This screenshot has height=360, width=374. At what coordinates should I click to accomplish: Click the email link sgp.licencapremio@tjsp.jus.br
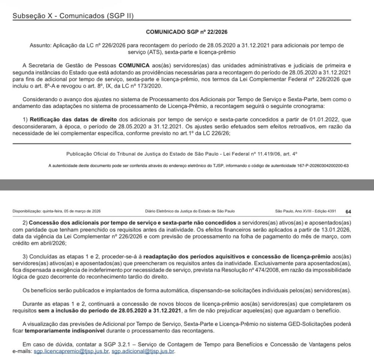click(x=71, y=351)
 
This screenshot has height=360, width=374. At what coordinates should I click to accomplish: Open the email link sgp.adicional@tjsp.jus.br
click(x=143, y=351)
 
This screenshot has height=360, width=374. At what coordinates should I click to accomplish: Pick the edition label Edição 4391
click(x=327, y=211)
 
